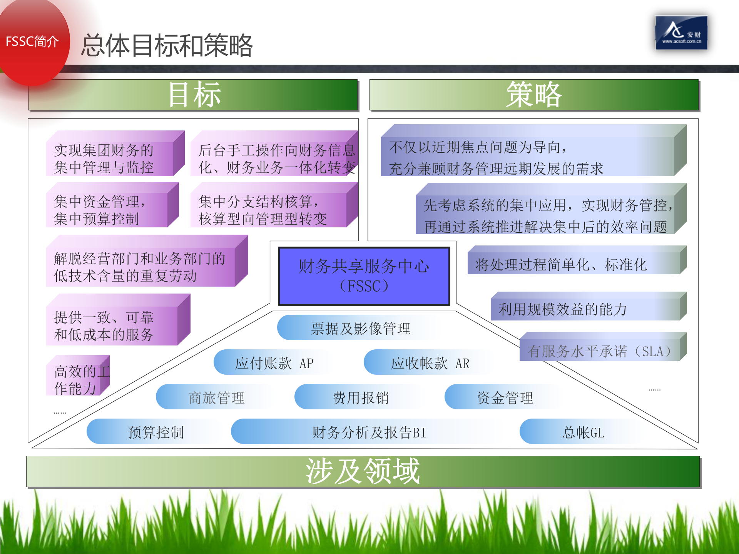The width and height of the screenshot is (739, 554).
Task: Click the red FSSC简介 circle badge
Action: coord(32,41)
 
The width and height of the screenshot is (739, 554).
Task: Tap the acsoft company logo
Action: coord(681,33)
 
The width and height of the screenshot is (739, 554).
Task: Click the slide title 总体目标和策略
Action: coord(167,46)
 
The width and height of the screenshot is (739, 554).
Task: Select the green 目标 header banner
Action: coord(193,95)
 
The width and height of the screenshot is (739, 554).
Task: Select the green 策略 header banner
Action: coord(534,95)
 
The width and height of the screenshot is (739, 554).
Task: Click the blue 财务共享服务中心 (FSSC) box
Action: coord(364,276)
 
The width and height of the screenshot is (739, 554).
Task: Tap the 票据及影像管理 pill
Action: coord(360,328)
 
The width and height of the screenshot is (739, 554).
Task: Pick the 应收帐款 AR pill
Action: coord(430,363)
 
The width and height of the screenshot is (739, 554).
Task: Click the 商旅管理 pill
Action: coord(216,397)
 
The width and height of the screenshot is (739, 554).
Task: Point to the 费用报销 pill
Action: coord(360,397)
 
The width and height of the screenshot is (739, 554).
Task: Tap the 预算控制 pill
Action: coord(155,432)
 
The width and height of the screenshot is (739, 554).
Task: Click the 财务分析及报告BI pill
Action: coord(369,432)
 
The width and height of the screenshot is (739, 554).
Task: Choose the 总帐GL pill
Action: coord(583,432)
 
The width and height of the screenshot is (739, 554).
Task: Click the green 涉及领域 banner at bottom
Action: coord(363,472)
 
